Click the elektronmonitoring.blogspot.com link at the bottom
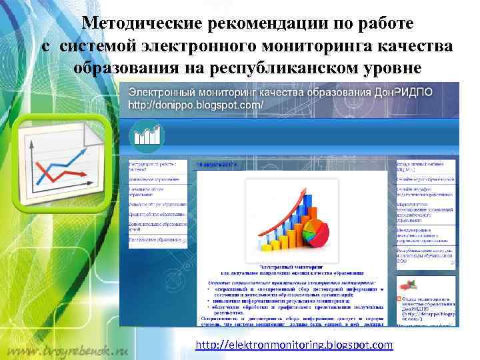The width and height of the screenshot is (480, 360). [294, 345]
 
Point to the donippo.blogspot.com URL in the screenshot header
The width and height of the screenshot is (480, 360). [196, 105]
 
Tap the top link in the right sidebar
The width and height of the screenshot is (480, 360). [424, 165]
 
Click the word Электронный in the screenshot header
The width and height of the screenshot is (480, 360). [160, 91]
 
